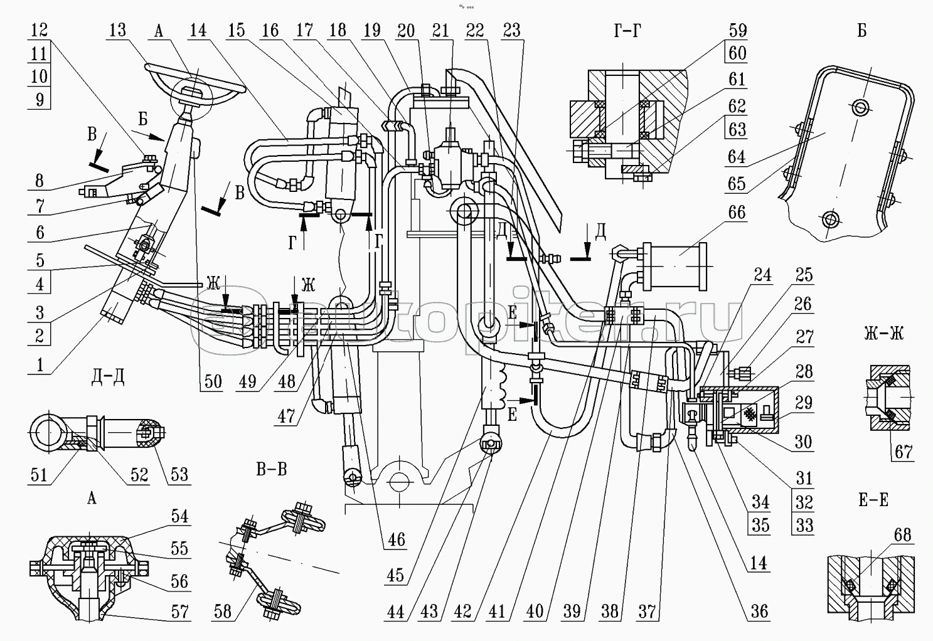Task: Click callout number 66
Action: pyautogui.click(x=737, y=213)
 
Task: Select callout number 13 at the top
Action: pyautogui.click(x=117, y=30)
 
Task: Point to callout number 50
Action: pyautogui.click(x=213, y=381)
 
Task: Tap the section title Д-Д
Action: pyautogui.click(x=108, y=378)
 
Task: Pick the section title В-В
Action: pyautogui.click(x=271, y=469)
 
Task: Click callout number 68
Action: pyautogui.click(x=902, y=535)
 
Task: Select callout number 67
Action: pyautogui.click(x=904, y=452)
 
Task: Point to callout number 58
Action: pyautogui.click(x=223, y=611)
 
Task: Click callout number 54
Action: pyautogui.click(x=179, y=516)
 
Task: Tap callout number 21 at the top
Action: pyautogui.click(x=441, y=30)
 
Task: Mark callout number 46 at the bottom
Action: pyautogui.click(x=397, y=539)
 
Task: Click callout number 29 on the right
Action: pyautogui.click(x=804, y=403)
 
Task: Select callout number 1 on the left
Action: pyautogui.click(x=40, y=364)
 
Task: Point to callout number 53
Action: pyautogui.click(x=179, y=474)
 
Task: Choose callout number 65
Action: pyautogui.click(x=737, y=183)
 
